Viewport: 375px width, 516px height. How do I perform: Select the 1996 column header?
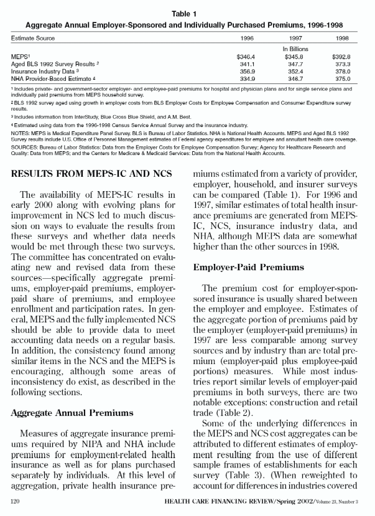point(247,38)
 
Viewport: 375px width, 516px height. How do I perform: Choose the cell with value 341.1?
point(247,63)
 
